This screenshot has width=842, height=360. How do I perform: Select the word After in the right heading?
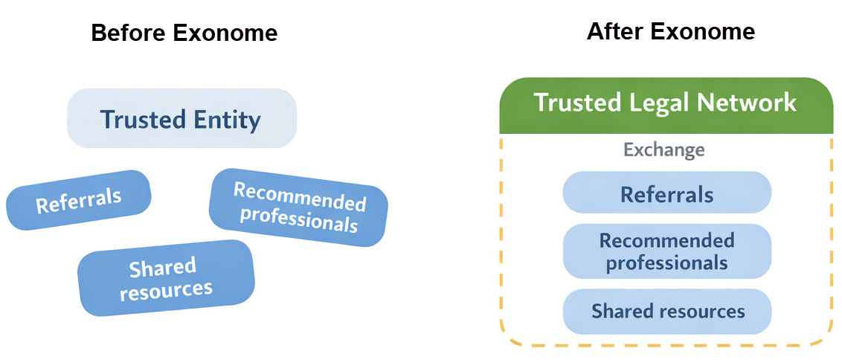click(614, 31)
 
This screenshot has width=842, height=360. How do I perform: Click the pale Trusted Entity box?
click(181, 119)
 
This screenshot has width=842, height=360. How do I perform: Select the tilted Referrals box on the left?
click(79, 200)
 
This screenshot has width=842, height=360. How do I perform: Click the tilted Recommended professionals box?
click(298, 208)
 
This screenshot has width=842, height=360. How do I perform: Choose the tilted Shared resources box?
click(166, 278)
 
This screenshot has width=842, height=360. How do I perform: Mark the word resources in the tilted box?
click(166, 290)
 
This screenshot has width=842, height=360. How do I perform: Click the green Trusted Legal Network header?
click(665, 103)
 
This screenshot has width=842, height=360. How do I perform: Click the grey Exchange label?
click(663, 150)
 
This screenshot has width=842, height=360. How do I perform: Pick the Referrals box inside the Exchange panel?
click(666, 194)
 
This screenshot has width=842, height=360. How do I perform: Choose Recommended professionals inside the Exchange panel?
click(666, 251)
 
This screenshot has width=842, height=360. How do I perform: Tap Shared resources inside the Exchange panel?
click(667, 311)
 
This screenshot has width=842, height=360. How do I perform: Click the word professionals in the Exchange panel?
click(666, 263)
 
